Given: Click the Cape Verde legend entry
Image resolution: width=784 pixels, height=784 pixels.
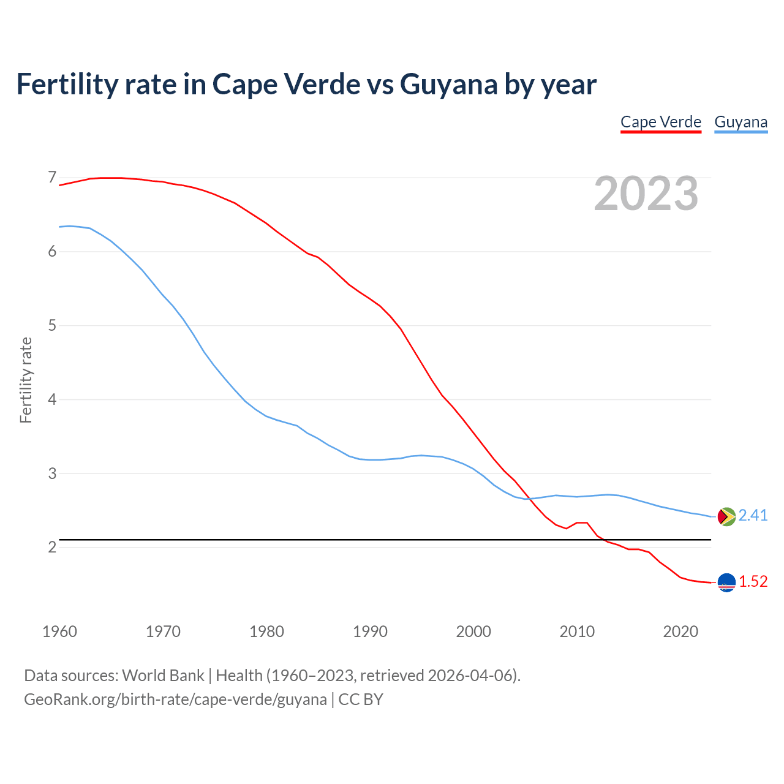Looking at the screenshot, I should point(660,122).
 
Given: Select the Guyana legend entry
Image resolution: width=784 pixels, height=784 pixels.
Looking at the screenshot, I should point(741,122).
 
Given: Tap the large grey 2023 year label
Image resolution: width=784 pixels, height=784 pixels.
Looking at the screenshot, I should point(646,194).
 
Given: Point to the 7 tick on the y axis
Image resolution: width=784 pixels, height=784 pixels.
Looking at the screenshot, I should point(52,178).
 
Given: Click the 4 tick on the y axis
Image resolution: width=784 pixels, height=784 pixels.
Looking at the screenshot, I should point(52,399).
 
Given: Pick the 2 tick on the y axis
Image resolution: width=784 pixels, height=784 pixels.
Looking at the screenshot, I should point(52,547).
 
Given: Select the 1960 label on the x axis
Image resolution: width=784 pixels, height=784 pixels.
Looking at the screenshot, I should point(59,631).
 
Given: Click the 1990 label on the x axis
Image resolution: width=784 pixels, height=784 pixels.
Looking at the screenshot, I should point(370,631).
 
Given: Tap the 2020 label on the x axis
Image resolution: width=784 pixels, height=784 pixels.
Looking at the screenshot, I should point(680,631).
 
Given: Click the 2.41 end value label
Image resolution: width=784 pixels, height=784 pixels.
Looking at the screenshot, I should point(753,516).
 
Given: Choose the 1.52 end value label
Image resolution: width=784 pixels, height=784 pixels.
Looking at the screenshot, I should point(753,582).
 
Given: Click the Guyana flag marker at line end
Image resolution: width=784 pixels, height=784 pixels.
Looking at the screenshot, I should point(726,517).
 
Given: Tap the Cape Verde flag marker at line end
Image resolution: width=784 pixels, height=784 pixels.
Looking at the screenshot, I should point(726,582).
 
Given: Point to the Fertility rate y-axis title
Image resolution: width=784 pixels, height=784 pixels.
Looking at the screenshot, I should point(26,380).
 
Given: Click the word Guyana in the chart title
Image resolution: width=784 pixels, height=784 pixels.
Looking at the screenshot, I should point(448,85).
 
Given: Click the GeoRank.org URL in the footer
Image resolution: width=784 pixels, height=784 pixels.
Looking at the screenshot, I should point(175,699).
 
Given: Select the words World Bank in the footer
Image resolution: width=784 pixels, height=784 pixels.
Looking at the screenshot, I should point(163,676).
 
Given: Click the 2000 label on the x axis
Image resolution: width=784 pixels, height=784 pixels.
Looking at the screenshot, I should point(473,631).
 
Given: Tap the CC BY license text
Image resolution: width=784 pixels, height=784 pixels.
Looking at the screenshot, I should point(361,699).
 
